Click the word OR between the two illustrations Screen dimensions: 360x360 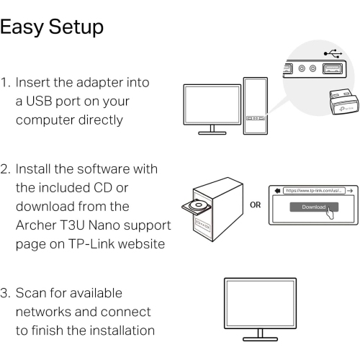(254, 204)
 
